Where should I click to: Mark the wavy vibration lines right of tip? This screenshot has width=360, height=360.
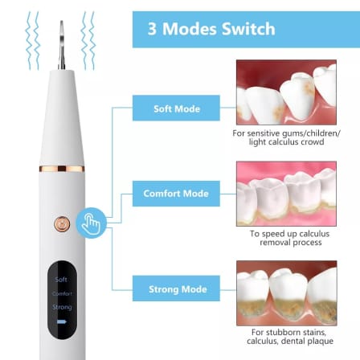coord(90,36)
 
